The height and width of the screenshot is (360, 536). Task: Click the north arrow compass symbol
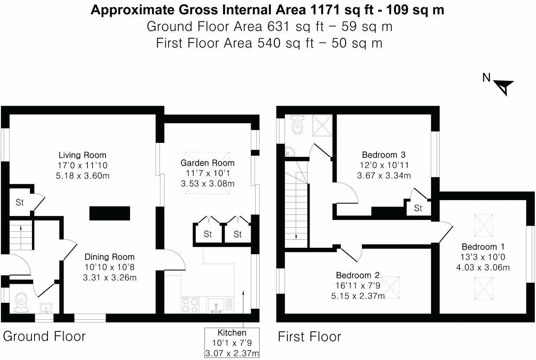504,87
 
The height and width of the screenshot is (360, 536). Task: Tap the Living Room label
82,155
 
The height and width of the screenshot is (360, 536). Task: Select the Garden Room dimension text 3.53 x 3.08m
207,184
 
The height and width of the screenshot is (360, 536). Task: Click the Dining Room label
109,257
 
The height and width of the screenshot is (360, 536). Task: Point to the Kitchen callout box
232,343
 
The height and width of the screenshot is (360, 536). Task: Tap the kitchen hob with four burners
190,305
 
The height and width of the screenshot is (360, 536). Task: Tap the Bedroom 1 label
483,247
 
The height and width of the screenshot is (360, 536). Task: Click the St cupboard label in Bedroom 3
418,208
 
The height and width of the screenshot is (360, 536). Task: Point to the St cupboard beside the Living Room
20,202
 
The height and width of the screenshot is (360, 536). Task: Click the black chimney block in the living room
109,213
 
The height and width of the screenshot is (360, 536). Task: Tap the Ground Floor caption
44,336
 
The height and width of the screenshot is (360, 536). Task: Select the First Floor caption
309,337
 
